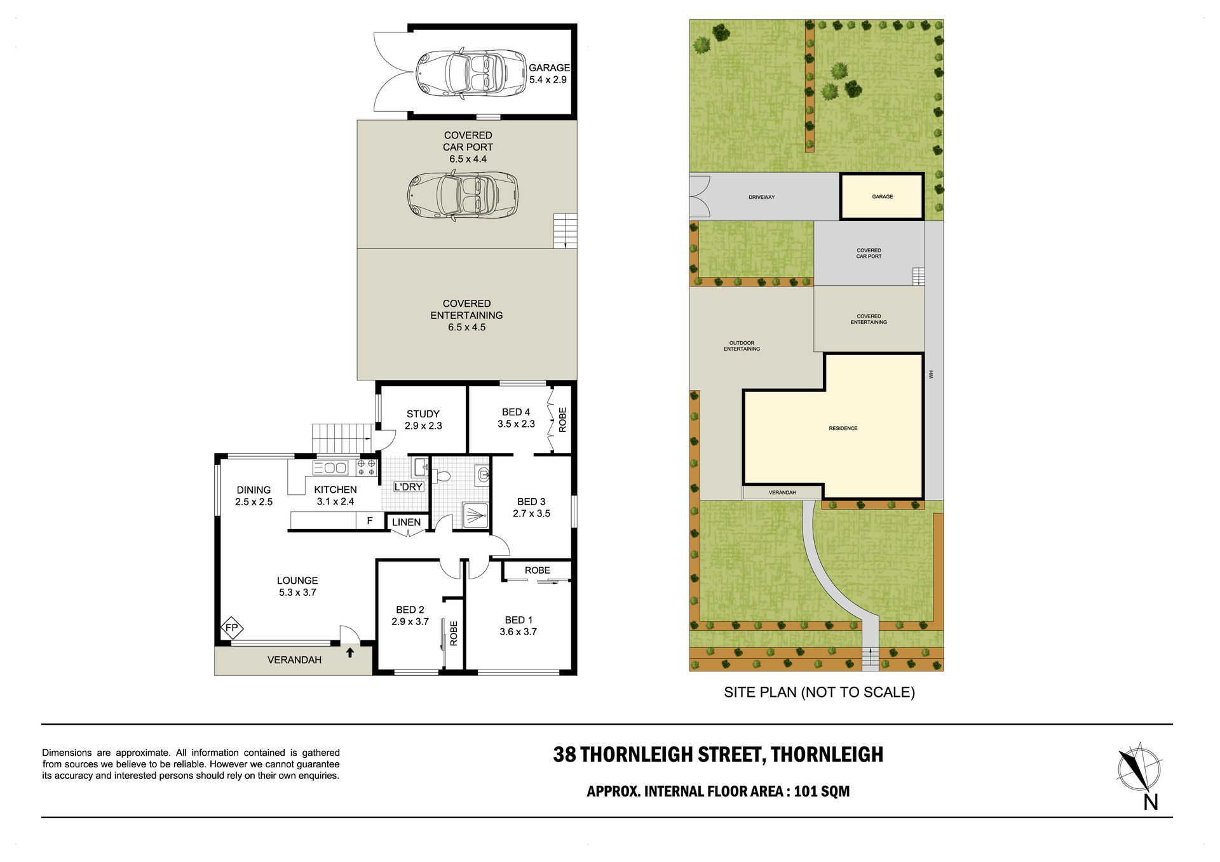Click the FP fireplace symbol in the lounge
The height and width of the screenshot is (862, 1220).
[232, 628]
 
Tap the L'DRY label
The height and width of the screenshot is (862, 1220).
[409, 487]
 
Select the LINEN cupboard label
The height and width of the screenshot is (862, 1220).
[407, 522]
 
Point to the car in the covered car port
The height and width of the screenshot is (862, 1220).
[463, 195]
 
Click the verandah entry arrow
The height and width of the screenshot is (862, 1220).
[350, 652]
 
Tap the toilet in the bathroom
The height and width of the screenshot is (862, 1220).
[442, 475]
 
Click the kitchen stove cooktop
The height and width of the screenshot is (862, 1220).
[366, 468]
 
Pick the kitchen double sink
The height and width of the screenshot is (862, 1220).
[330, 468]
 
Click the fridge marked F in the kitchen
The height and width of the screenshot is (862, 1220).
[370, 521]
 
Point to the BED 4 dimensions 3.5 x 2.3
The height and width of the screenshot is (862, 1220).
[516, 424]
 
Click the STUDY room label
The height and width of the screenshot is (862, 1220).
[423, 414]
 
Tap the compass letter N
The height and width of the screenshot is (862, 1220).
[1151, 802]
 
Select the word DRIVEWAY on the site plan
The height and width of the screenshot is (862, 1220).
[761, 198]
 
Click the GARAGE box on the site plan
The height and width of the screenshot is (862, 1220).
[882, 197]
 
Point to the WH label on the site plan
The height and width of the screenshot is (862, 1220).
[932, 375]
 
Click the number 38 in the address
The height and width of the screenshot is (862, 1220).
[564, 755]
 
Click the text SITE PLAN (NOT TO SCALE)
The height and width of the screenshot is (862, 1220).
[819, 692]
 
